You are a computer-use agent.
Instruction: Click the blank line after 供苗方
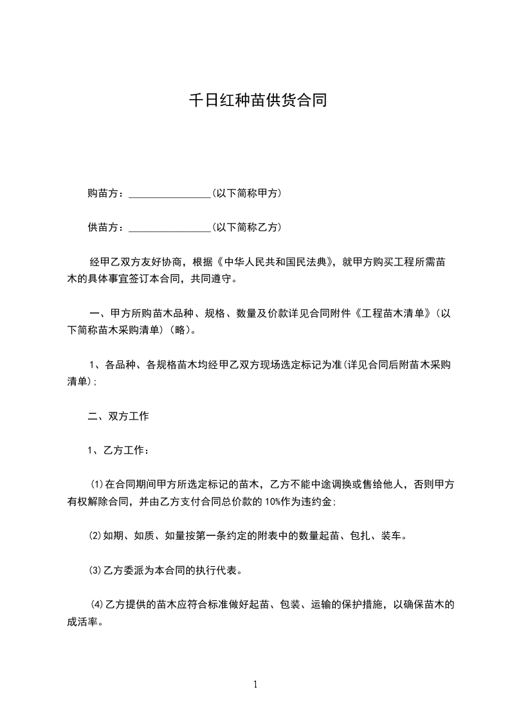(x=170, y=227)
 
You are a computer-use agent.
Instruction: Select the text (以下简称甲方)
(x=247, y=193)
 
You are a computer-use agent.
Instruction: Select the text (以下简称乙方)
(x=247, y=227)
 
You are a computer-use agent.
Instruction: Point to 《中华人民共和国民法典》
(x=277, y=262)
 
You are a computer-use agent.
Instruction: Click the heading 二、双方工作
(x=118, y=416)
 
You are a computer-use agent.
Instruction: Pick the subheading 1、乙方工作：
(x=118, y=450)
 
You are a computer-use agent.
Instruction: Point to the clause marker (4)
(x=97, y=605)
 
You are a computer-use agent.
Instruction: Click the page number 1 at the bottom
(x=255, y=685)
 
